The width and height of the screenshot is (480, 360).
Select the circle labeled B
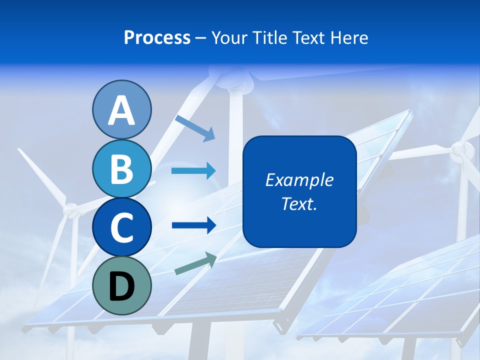point(121,169)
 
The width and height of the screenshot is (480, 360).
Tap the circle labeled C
point(121,227)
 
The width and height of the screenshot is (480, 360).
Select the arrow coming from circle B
point(193,171)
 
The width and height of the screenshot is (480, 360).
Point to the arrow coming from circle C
point(193,225)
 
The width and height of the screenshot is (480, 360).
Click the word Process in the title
point(157,38)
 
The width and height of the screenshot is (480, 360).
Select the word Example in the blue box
point(299,180)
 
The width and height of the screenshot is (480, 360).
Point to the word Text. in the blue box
point(299,203)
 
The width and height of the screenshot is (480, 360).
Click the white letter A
point(121,110)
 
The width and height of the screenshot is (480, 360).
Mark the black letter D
point(121,286)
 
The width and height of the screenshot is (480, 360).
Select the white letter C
point(121,227)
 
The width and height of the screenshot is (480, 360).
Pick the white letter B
point(121,169)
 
